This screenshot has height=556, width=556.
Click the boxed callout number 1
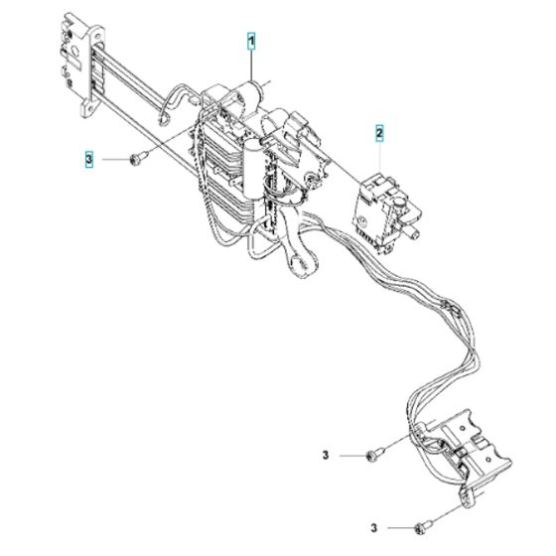click(x=251, y=42)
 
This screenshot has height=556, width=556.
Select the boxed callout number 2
click(x=379, y=133)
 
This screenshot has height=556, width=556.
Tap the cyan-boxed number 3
click(x=89, y=159)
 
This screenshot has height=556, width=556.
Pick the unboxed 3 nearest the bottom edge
click(x=374, y=527)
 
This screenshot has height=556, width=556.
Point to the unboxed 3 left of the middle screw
click(x=326, y=455)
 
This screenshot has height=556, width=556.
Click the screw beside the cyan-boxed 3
click(x=139, y=158)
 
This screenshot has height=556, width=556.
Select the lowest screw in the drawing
click(x=424, y=526)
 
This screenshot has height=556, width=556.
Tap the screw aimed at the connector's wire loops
click(x=375, y=454)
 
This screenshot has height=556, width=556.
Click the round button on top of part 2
click(x=399, y=204)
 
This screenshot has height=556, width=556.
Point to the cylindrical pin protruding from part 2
click(x=413, y=233)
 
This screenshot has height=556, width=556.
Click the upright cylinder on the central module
click(x=252, y=168)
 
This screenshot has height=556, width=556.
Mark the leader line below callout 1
click(x=251, y=66)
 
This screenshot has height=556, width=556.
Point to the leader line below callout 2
click(x=379, y=157)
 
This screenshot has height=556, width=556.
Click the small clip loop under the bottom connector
click(x=467, y=493)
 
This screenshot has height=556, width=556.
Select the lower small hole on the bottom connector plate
click(x=488, y=460)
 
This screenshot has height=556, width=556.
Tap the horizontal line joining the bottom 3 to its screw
click(x=401, y=527)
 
